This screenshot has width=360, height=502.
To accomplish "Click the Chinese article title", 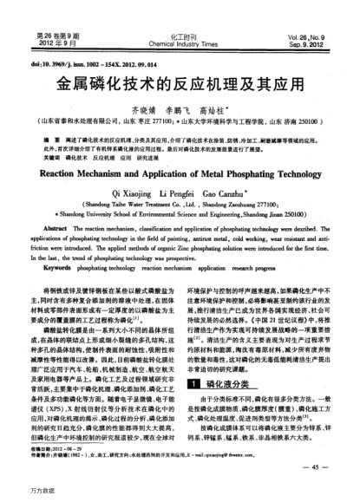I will pyautogui.click(x=180, y=88).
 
